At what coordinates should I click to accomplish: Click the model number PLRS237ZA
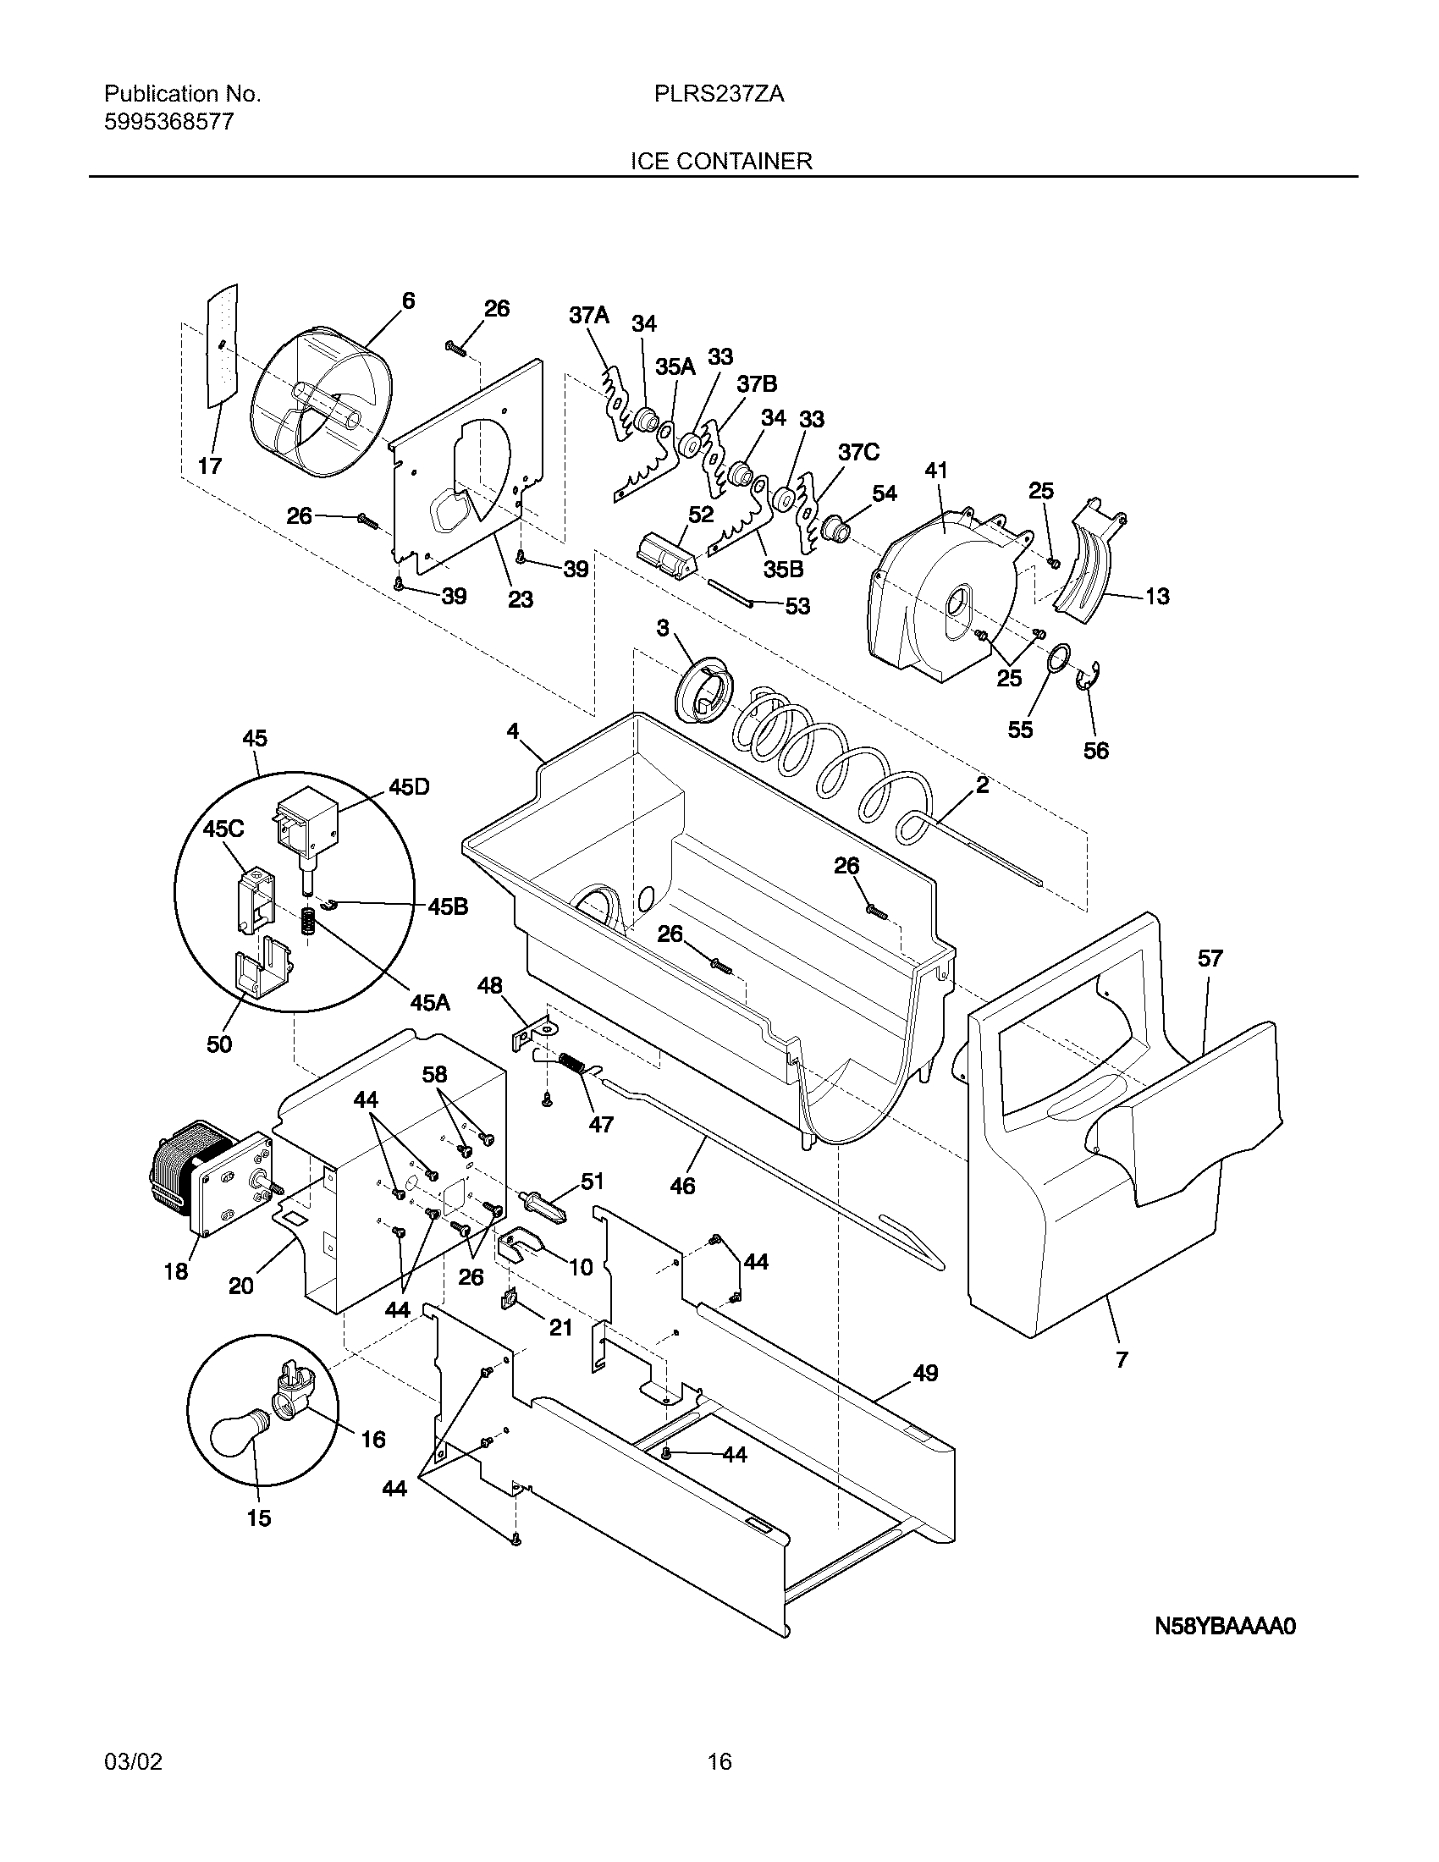[x=719, y=95]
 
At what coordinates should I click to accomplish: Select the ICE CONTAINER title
[x=720, y=161]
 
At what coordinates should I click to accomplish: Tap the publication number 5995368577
[x=168, y=123]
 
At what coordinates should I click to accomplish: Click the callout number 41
[x=936, y=471]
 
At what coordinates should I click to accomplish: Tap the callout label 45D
[x=409, y=787]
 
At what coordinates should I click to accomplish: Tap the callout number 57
[x=1210, y=958]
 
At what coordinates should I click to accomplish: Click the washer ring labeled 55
[x=1058, y=659]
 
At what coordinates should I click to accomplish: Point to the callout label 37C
[x=858, y=452]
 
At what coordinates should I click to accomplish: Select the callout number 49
[x=925, y=1373]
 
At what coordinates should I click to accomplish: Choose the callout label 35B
[x=784, y=569]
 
